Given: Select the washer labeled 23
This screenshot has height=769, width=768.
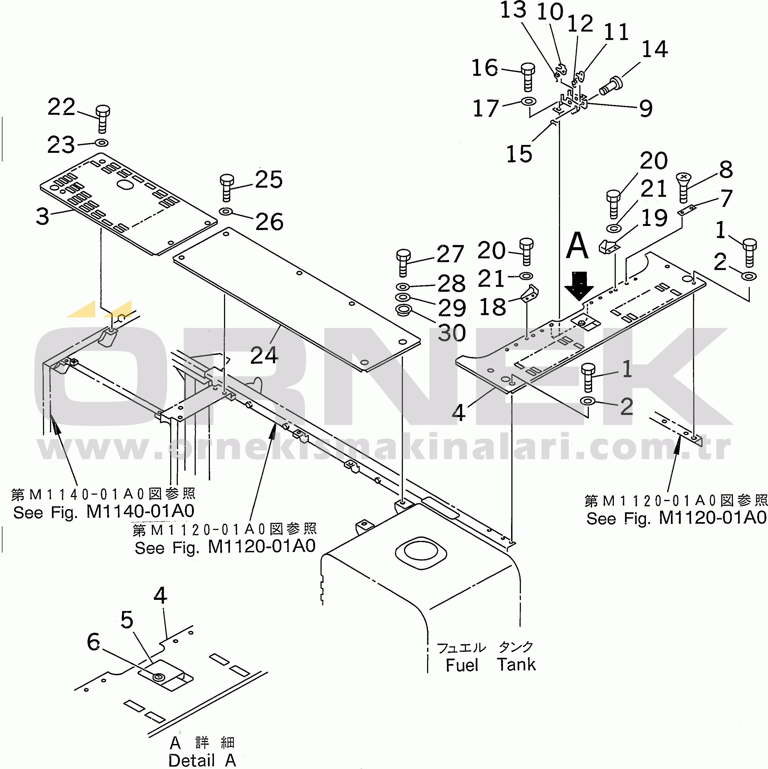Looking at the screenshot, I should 102,142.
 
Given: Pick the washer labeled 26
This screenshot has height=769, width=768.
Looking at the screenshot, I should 226,211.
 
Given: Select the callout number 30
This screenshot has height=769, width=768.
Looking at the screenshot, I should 452,333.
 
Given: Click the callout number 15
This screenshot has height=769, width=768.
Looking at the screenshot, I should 519,154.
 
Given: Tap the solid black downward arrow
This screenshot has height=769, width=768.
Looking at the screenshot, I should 579,285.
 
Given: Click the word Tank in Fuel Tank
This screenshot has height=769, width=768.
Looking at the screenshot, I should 516,664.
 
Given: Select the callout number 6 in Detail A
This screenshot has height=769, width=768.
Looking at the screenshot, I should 94,642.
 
